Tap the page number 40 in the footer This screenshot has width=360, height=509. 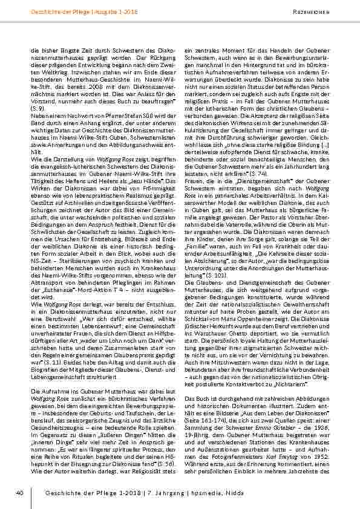point(19,493)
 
